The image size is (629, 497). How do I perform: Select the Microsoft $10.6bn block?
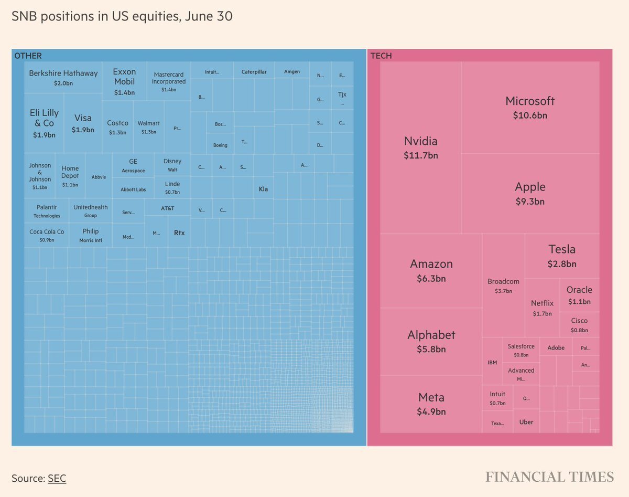(x=530, y=107)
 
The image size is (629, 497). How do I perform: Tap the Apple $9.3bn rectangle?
(x=530, y=193)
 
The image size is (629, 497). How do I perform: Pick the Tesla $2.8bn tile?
(x=562, y=256)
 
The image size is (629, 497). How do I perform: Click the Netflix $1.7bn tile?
(x=542, y=308)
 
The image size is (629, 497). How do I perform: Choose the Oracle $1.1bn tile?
(x=579, y=295)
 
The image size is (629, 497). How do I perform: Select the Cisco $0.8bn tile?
(x=579, y=325)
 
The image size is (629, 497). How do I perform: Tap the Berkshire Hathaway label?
(x=63, y=73)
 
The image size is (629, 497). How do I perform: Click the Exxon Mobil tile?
(x=124, y=81)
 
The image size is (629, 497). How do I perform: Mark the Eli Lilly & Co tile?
(x=45, y=123)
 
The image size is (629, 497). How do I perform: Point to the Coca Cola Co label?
(x=47, y=231)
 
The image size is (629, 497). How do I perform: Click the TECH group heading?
(x=381, y=56)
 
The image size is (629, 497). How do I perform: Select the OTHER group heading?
(x=28, y=56)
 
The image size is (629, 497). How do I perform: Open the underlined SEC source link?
(x=57, y=478)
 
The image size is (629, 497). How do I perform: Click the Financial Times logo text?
(x=549, y=477)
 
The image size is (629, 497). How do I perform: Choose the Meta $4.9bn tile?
(x=431, y=404)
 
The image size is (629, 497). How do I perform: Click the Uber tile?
(x=526, y=422)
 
